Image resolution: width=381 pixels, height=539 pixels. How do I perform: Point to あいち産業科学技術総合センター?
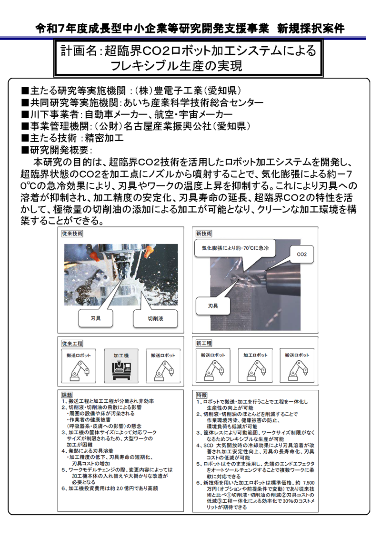click(x=193, y=102)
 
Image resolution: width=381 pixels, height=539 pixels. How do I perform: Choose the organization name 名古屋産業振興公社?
click(x=167, y=126)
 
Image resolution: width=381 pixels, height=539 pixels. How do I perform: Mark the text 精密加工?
click(x=104, y=138)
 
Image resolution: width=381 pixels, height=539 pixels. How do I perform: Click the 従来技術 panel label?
click(x=72, y=234)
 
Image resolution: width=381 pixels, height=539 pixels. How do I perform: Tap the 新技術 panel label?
click(x=204, y=234)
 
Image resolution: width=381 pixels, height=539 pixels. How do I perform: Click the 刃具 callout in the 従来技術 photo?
click(x=95, y=317)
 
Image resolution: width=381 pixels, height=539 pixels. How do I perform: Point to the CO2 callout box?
click(x=301, y=254)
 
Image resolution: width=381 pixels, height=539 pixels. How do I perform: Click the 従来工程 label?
click(x=72, y=343)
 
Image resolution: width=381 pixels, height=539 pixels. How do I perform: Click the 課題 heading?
click(x=67, y=395)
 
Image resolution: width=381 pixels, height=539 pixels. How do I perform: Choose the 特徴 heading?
click(x=201, y=395)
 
